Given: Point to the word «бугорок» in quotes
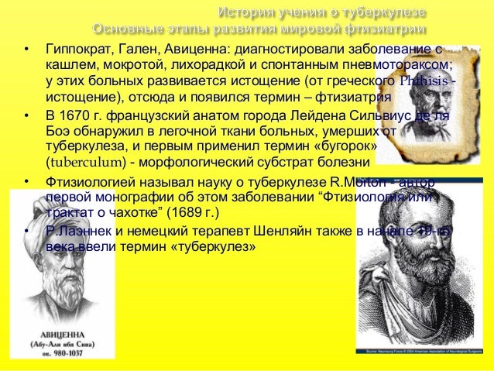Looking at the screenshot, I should click(x=352, y=146).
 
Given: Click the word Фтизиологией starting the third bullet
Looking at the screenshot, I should click(x=85, y=182).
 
